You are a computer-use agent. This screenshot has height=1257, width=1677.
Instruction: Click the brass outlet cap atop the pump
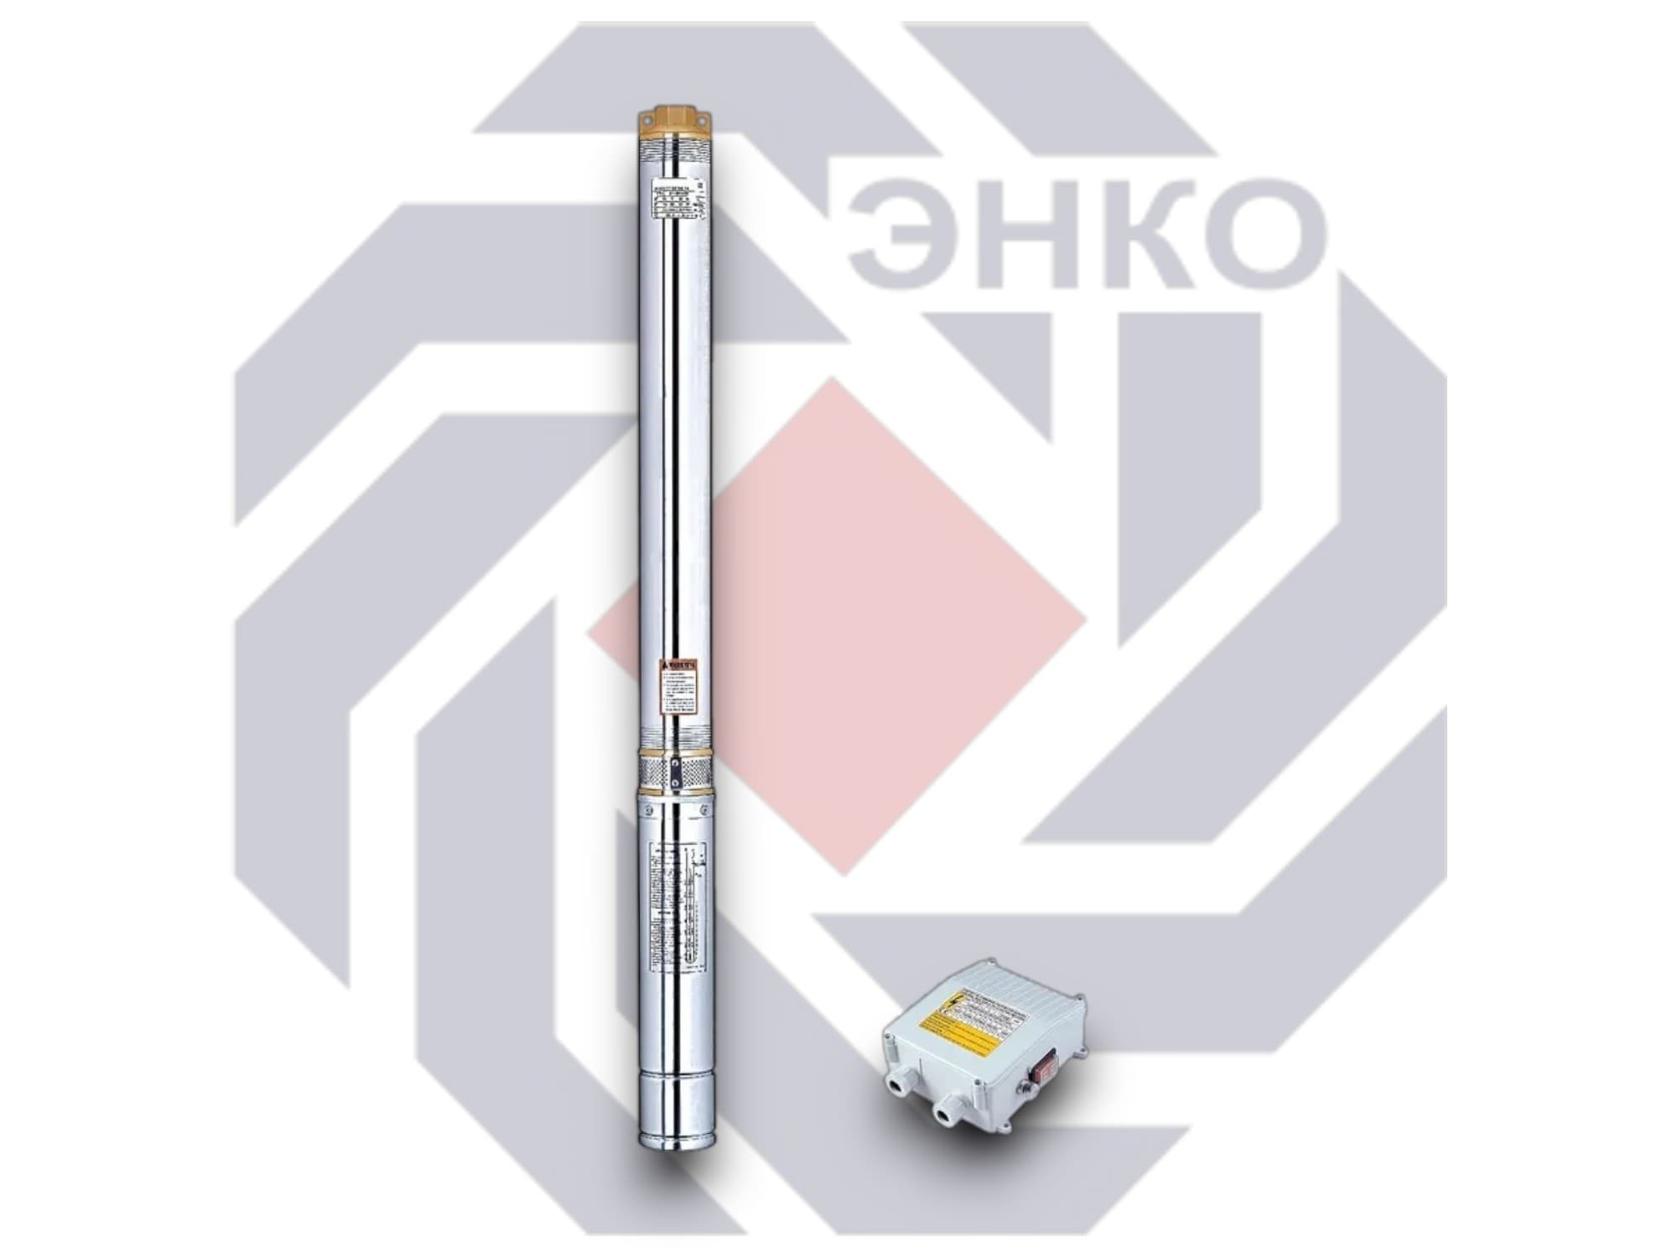click(674, 122)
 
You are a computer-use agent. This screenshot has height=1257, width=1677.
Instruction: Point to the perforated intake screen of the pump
click(675, 771)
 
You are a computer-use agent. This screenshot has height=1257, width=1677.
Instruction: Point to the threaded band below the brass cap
click(674, 152)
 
